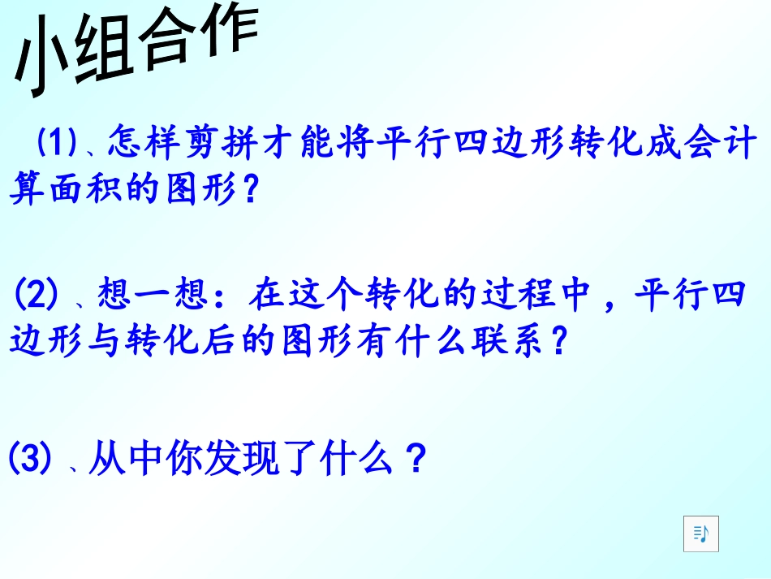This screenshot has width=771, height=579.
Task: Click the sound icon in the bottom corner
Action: click(700, 534)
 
